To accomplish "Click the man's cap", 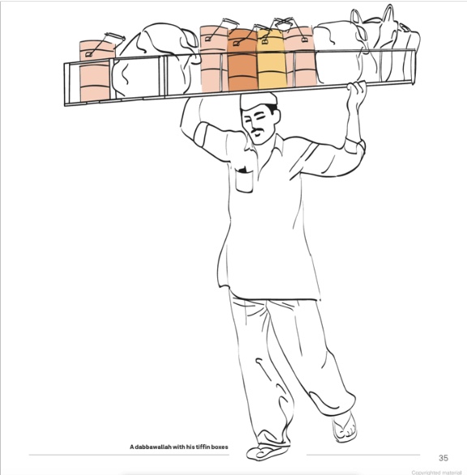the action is click(259, 101).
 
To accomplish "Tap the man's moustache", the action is click(257, 131).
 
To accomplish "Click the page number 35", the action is click(443, 458).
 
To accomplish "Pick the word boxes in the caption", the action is click(221, 447).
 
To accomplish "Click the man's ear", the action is click(276, 116).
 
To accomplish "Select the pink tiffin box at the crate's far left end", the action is click(96, 71).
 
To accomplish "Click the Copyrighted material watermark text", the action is click(436, 473).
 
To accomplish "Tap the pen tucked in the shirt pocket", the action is click(243, 170).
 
